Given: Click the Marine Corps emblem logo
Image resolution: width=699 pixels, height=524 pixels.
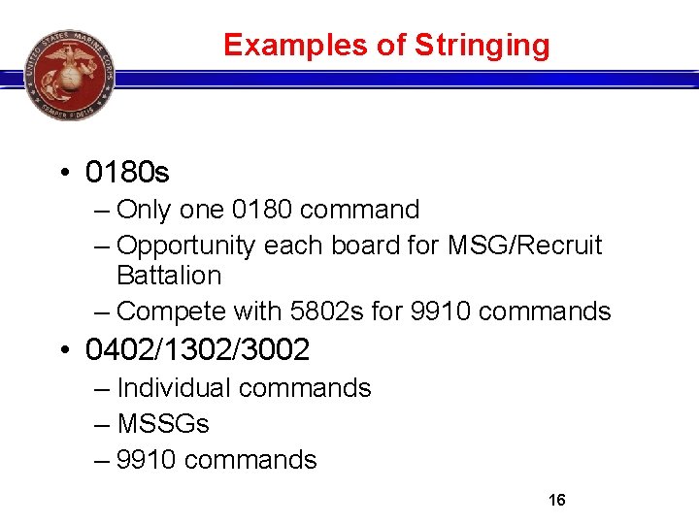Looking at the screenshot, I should [69, 74].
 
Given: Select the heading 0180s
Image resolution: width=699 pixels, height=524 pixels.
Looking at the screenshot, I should [127, 173].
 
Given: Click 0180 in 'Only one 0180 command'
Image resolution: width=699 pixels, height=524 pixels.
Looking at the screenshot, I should [265, 210].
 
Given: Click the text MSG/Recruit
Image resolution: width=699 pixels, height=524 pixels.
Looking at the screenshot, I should [526, 246].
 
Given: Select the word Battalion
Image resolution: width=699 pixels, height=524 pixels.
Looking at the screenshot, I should [169, 276].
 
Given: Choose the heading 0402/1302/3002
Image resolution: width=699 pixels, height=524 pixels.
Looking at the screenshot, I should [197, 347].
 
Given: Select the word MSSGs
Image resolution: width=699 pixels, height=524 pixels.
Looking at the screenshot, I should [163, 424].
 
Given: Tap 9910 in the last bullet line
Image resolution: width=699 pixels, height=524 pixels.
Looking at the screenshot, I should [147, 459].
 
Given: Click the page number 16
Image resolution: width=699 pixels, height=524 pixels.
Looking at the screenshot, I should [557, 501].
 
